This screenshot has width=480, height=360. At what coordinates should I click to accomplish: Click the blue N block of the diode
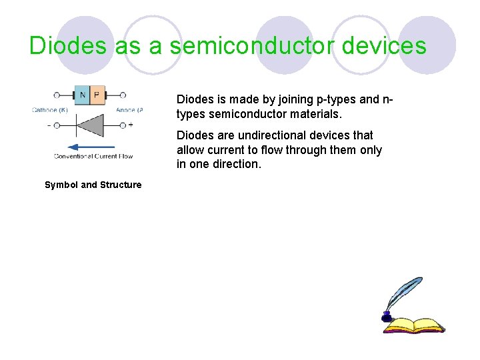(x=82, y=95)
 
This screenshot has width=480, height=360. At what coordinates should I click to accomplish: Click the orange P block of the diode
(x=97, y=95)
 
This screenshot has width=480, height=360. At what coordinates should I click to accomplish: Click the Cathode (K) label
(x=49, y=110)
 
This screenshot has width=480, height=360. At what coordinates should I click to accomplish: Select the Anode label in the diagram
(x=129, y=110)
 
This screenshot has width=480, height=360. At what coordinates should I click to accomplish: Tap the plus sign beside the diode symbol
(x=131, y=125)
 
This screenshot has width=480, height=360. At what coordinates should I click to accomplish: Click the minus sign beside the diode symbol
(x=49, y=125)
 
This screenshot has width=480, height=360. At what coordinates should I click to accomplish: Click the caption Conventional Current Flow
(x=93, y=157)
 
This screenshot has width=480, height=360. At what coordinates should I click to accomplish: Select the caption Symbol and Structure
(x=93, y=185)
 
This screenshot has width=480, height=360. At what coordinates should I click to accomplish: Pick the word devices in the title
(x=391, y=46)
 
